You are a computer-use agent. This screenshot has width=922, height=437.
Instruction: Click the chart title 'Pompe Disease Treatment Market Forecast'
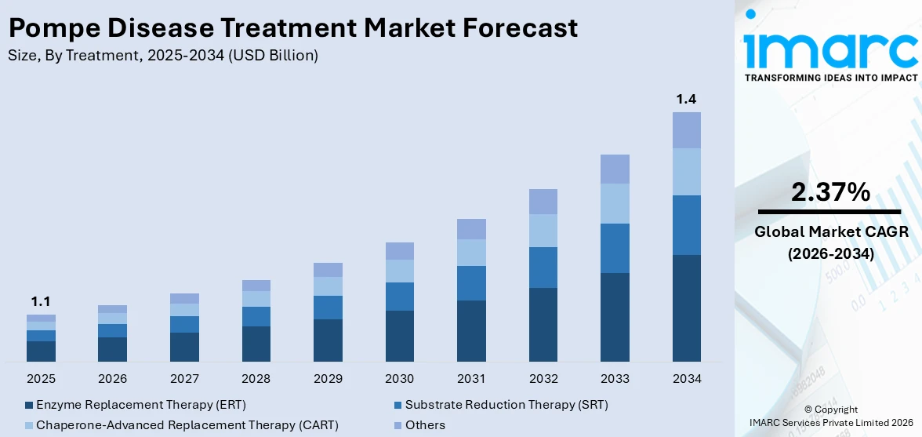point(292,28)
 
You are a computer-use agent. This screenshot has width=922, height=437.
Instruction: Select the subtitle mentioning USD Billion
point(163,55)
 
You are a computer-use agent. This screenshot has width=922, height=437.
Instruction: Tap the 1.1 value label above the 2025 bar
point(41,301)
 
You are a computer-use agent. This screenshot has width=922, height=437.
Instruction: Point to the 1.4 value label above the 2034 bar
point(686,99)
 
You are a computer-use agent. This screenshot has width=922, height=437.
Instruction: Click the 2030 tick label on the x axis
point(399,379)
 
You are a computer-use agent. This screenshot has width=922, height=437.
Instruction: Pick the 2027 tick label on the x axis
point(184,379)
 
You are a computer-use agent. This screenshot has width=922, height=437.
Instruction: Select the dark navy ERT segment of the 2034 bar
point(686,308)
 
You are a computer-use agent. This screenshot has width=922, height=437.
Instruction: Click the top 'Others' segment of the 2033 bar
point(615,169)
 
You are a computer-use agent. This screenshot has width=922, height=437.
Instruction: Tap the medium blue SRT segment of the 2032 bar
point(543,268)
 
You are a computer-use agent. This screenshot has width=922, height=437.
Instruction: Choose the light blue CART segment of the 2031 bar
point(471,253)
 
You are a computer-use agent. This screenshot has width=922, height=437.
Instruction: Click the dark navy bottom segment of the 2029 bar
point(328,340)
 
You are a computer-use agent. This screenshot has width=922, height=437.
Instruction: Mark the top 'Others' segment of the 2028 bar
point(256,286)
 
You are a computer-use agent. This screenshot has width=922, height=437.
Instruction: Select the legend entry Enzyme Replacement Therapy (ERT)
point(136,405)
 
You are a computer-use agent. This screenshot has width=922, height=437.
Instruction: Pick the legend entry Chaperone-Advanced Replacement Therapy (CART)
point(182,425)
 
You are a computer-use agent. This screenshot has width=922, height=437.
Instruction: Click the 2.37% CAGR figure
point(829,192)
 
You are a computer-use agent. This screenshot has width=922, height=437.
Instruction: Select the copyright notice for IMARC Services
point(831,417)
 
